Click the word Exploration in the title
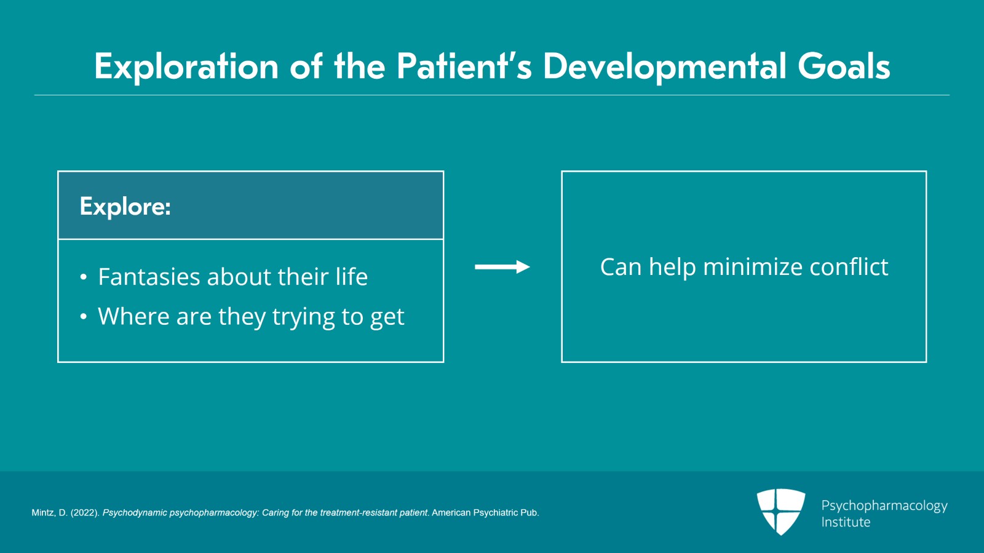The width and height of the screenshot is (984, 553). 186,66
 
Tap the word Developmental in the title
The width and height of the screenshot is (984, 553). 664,66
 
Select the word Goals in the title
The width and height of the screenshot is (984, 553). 844,66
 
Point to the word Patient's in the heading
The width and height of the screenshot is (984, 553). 464,66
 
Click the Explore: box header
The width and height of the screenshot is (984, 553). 250,205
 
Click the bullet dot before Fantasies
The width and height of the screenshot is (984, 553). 84,277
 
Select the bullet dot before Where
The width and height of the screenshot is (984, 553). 84,317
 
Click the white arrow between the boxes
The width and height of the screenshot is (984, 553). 502,267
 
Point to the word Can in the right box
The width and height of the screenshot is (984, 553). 621,267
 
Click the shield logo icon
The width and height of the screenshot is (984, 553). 780,511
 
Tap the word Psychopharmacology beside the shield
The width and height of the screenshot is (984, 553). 884,506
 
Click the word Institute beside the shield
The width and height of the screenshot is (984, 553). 846,522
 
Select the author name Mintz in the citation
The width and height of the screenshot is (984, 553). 42,513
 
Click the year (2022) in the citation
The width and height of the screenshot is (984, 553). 84,513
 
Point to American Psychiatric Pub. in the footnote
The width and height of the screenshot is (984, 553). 485,513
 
